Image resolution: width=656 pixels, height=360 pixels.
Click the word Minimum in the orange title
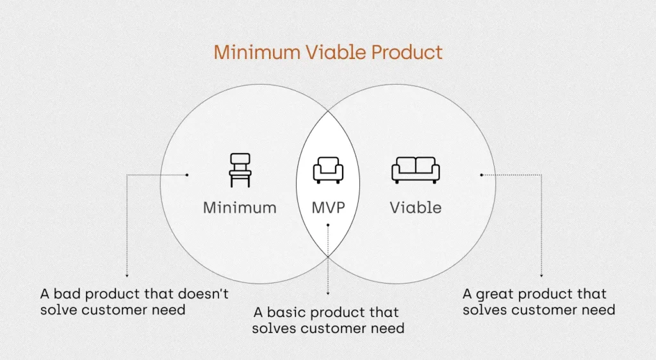click(257, 53)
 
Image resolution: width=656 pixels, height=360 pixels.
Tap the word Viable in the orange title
click(336, 53)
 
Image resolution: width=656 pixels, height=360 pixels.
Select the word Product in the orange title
click(407, 53)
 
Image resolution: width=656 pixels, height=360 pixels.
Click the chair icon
click(240, 170)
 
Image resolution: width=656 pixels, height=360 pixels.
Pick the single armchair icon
click(328, 170)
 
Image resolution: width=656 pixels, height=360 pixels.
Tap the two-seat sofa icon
click(415, 170)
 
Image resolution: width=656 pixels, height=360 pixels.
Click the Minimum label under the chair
click(240, 208)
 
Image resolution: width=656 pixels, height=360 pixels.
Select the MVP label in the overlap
click(329, 208)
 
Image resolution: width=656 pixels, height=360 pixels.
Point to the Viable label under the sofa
click(415, 208)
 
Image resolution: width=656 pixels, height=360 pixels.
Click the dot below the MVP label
click(328, 225)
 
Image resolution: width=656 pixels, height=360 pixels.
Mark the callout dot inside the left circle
click(187, 175)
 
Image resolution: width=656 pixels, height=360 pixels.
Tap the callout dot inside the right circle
click(482, 175)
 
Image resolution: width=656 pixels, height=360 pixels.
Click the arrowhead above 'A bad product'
click(127, 275)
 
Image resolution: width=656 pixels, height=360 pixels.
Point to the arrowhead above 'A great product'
click(541, 275)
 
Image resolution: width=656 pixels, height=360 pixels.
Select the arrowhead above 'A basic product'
click(328, 293)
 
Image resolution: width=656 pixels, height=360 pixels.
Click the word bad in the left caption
click(67, 294)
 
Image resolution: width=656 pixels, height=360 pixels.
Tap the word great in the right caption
click(495, 295)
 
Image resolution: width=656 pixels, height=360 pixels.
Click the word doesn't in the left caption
click(203, 294)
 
